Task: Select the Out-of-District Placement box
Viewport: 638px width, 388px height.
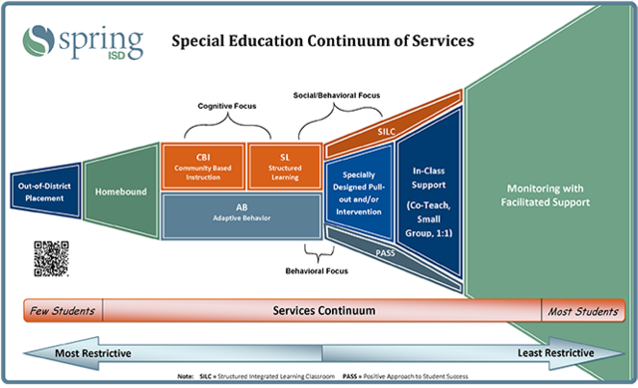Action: click(x=41, y=191)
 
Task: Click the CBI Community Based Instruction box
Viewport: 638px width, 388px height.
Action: click(x=202, y=167)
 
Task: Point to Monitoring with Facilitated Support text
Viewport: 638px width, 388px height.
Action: click(x=548, y=194)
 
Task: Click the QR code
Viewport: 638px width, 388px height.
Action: click(x=51, y=257)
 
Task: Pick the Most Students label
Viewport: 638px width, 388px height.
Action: click(x=582, y=311)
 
